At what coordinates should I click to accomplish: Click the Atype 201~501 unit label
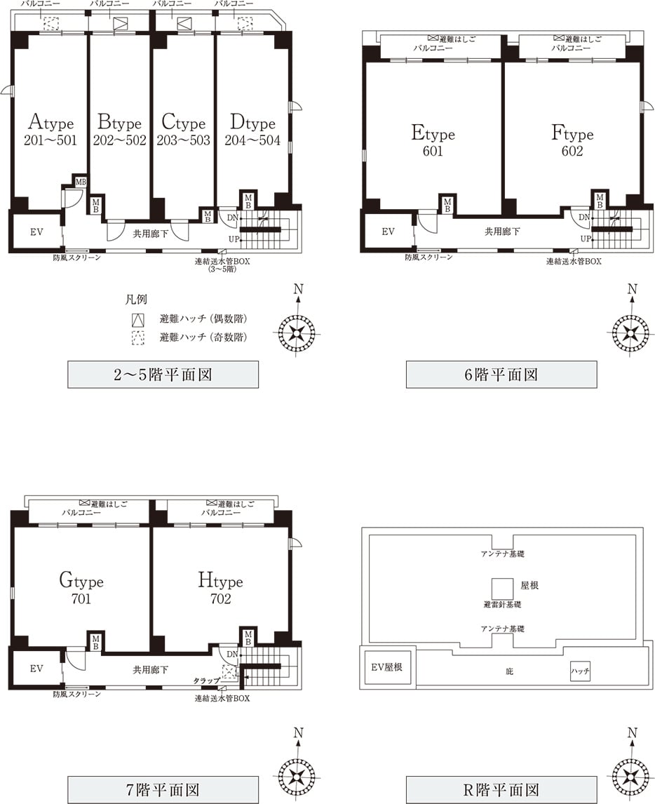click(50, 130)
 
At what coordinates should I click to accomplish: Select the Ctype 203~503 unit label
click(184, 130)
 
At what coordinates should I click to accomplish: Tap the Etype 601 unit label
click(433, 140)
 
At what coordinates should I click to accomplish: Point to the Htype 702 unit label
click(220, 588)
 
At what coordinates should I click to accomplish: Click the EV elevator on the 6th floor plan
click(388, 232)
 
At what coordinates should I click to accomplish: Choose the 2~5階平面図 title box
click(163, 375)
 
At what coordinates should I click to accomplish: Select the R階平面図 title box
click(501, 790)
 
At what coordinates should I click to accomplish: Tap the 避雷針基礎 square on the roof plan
click(502, 589)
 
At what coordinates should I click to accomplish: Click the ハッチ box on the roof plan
click(580, 671)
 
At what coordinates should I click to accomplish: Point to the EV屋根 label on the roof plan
click(386, 667)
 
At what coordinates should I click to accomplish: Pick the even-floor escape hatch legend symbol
click(137, 320)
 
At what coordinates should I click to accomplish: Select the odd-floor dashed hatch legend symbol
click(137, 338)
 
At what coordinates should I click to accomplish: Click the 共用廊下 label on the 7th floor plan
click(150, 670)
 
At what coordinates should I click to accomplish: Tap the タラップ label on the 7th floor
click(207, 681)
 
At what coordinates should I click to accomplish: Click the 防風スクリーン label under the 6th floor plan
click(428, 257)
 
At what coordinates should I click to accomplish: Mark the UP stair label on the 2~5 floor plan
click(234, 239)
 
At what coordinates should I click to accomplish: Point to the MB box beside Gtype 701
click(95, 643)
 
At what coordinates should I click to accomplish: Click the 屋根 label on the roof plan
click(529, 585)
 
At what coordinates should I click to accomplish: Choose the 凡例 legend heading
click(136, 300)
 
